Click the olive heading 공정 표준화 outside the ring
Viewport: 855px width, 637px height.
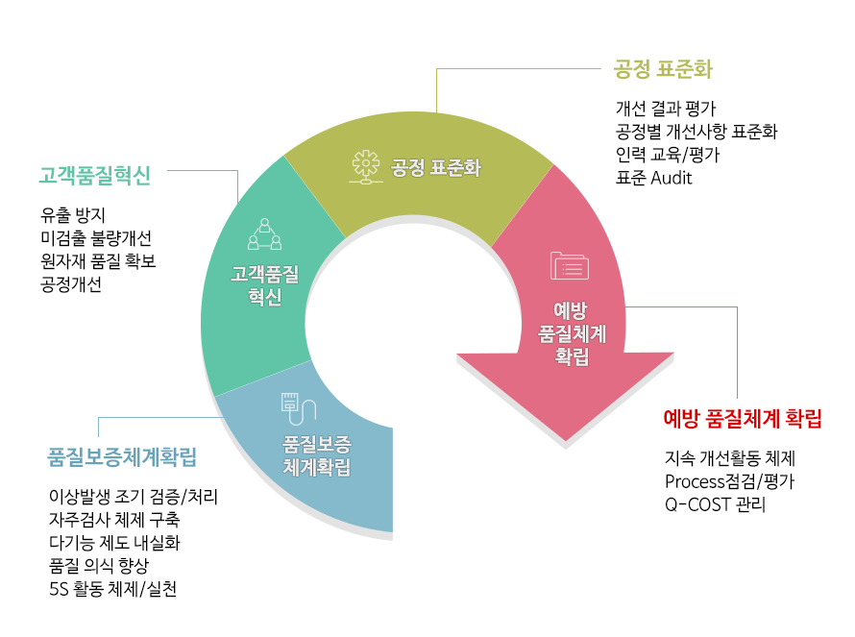pyautogui.click(x=663, y=69)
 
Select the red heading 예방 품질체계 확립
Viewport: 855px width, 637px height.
pyautogui.click(x=743, y=419)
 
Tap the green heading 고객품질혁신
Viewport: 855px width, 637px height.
pyautogui.click(x=94, y=176)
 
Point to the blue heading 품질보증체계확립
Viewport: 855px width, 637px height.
pyautogui.click(x=122, y=457)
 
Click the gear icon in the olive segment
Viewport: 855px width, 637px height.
pyautogui.click(x=365, y=166)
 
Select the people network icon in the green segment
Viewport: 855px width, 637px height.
pyautogui.click(x=265, y=234)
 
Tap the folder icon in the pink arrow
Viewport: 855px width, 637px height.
pyautogui.click(x=570, y=265)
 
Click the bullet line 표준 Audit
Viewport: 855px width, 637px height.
pyautogui.click(x=653, y=178)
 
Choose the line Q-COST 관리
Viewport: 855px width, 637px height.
pyautogui.click(x=715, y=504)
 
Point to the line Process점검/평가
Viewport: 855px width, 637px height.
pyautogui.click(x=729, y=481)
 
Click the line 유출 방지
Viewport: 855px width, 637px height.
pyautogui.click(x=72, y=215)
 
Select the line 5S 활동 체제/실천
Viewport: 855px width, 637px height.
pyautogui.click(x=112, y=589)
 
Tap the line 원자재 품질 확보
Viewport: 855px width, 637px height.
pyautogui.click(x=98, y=261)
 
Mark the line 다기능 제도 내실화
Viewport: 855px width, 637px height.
pyautogui.click(x=114, y=543)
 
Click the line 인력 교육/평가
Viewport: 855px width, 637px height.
pyautogui.click(x=668, y=155)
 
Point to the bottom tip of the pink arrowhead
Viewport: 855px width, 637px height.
pyautogui.click(x=566, y=441)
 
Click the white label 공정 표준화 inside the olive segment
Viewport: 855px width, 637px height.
pyautogui.click(x=436, y=167)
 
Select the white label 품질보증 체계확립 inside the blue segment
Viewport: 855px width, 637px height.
pyautogui.click(x=316, y=456)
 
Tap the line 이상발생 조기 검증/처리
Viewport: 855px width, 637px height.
pyautogui.click(x=134, y=497)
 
